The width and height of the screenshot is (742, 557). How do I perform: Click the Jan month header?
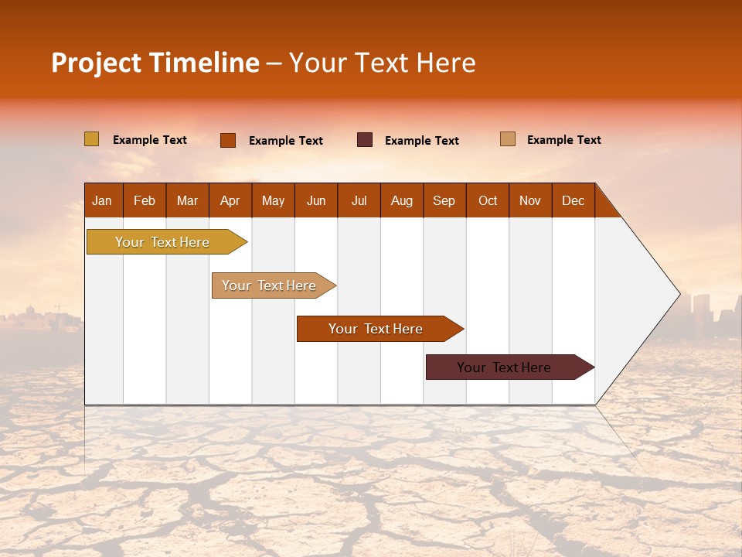coord(102,200)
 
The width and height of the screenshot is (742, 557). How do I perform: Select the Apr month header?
coord(230,200)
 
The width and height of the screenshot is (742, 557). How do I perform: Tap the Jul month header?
coord(359,200)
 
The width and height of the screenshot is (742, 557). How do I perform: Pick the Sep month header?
coord(444,200)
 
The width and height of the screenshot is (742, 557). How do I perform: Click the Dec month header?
coord(573,200)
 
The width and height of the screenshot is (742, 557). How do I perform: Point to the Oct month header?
coord(488,200)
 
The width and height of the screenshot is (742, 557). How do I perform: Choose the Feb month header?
coord(145,200)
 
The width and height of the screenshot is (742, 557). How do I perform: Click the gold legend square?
coord(91,139)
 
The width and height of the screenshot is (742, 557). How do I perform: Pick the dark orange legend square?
coord(228,140)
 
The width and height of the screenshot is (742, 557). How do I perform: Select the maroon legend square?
coord(365,140)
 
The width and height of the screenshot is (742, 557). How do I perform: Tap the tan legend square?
coord(507,139)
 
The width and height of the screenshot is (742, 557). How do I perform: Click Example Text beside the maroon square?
coord(422,141)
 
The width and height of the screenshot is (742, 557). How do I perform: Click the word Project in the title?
coord(96,63)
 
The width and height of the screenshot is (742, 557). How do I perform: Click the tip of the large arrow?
coord(679,294)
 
